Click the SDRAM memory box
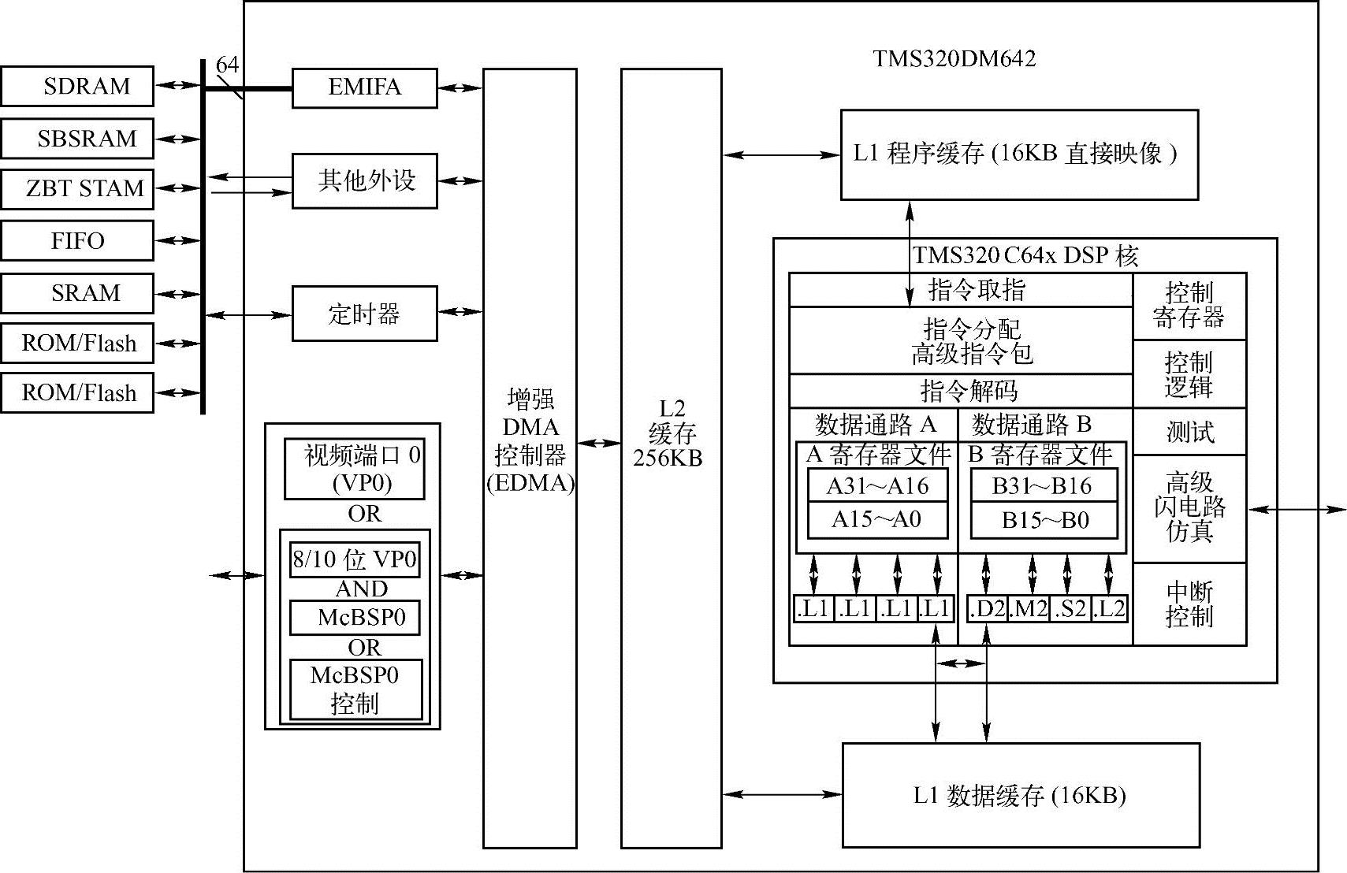click(77, 86)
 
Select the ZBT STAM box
click(77, 189)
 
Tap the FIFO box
click(77, 240)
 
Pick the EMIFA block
click(364, 87)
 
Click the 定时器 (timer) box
click(364, 314)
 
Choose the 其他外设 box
click(364, 180)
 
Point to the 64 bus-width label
click(227, 65)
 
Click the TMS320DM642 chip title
click(954, 59)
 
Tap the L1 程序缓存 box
click(1018, 154)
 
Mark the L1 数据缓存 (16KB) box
click(1021, 795)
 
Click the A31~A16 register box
click(877, 485)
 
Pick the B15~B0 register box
click(1044, 520)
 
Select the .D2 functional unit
click(988, 608)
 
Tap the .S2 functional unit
click(1070, 608)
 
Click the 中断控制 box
click(1189, 604)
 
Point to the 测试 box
click(1189, 432)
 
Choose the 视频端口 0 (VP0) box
click(355, 469)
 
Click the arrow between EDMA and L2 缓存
click(599, 444)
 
